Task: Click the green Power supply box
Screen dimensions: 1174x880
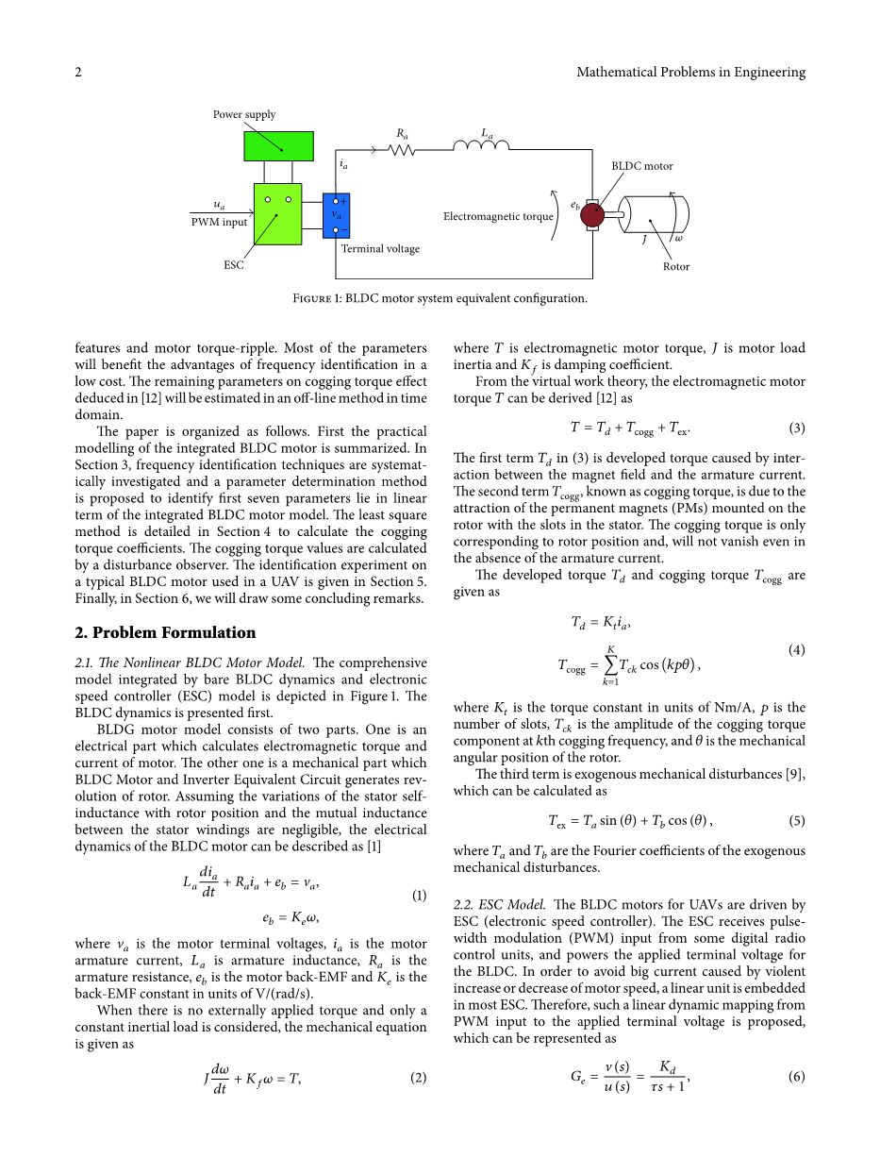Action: pyautogui.click(x=278, y=145)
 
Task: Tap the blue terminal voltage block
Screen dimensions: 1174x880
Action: pyautogui.click(x=336, y=216)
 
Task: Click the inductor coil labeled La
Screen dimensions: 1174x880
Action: pyautogui.click(x=481, y=145)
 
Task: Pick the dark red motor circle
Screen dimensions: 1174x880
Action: pyautogui.click(x=592, y=215)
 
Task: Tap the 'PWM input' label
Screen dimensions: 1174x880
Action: pyautogui.click(x=219, y=223)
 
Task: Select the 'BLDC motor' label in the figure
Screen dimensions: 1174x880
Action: pyautogui.click(x=642, y=166)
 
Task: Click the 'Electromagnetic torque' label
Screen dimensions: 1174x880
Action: pyautogui.click(x=498, y=216)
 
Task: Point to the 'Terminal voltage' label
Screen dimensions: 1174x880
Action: pyautogui.click(x=380, y=249)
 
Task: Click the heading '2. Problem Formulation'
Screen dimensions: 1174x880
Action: pyautogui.click(x=165, y=632)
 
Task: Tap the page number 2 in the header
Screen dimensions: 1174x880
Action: pyautogui.click(x=78, y=72)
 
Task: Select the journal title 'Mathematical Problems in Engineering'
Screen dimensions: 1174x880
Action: pyautogui.click(x=690, y=72)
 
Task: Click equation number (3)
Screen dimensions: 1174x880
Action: pyautogui.click(x=797, y=428)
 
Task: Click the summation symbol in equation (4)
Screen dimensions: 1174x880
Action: pyautogui.click(x=611, y=664)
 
